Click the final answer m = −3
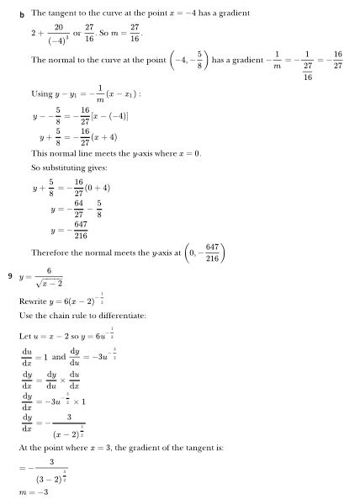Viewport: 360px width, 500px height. (x=33, y=491)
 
